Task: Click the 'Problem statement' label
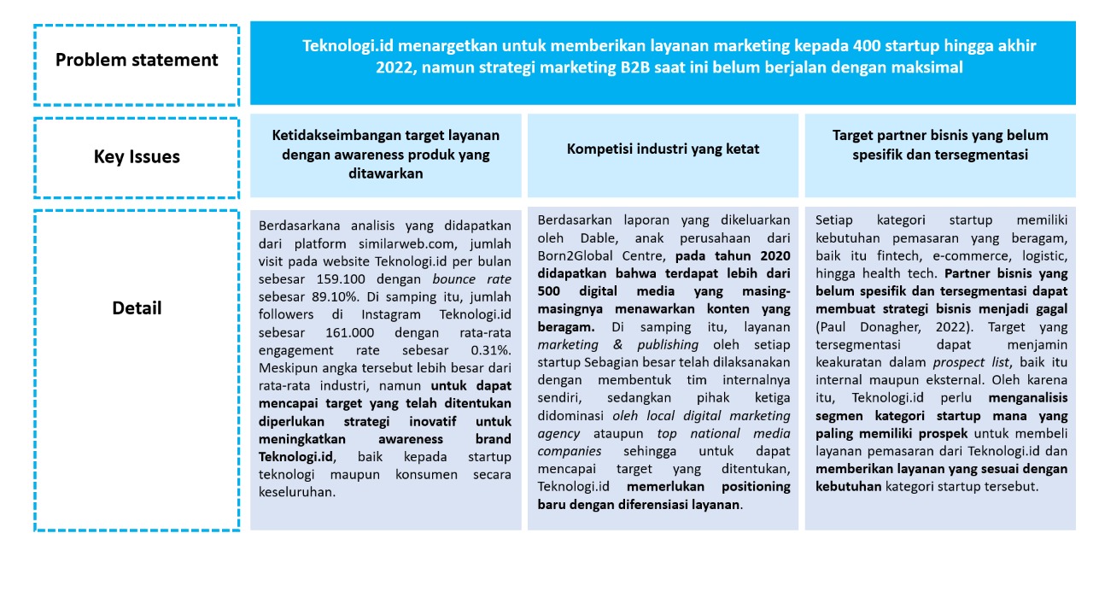tap(137, 61)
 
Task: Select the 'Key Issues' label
tap(137, 157)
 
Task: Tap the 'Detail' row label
tap(137, 308)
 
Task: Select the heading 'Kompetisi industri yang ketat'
tap(663, 149)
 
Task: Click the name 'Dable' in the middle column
tap(582, 237)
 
